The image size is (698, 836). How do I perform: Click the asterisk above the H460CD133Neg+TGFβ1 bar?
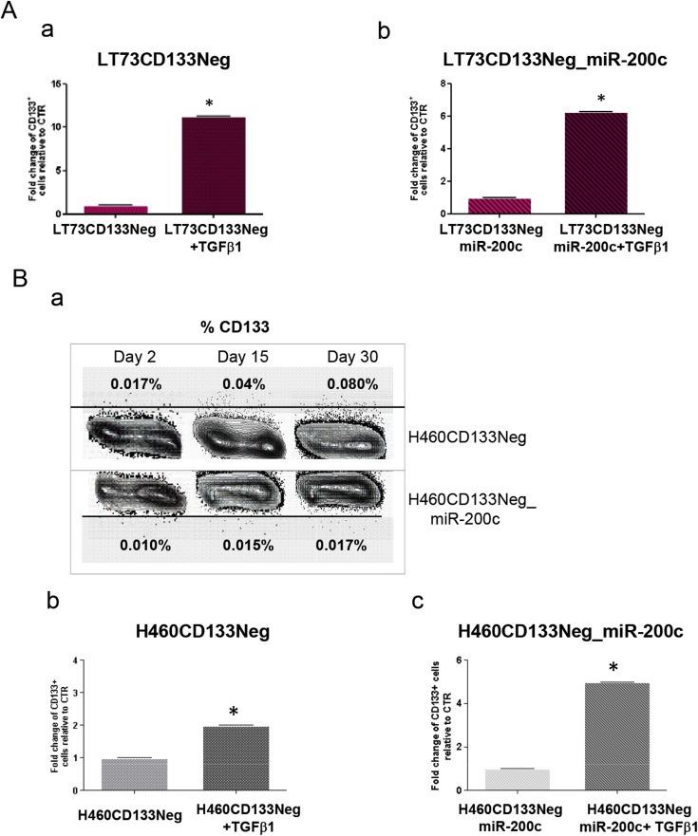click(x=233, y=712)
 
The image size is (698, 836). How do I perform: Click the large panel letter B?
click(x=18, y=280)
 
